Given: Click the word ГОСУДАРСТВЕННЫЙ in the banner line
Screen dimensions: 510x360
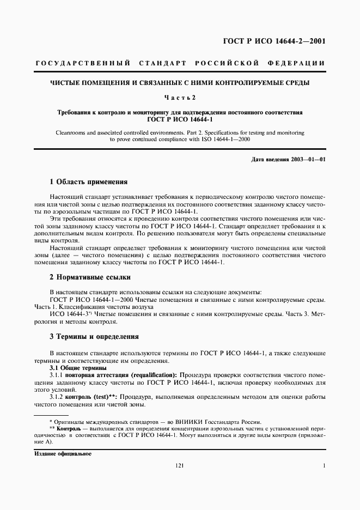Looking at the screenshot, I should pyautogui.click(x=82, y=64).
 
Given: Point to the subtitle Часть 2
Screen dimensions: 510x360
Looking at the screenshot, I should pyautogui.click(x=180, y=98).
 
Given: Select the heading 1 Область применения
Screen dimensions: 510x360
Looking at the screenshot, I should pyautogui.click(x=88, y=182).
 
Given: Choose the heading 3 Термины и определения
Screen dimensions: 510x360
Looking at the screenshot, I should pyautogui.click(x=94, y=337).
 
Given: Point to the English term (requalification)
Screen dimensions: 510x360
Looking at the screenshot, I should pyautogui.click(x=148, y=376).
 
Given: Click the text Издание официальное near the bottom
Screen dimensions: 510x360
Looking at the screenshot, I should pyautogui.click(x=63, y=454).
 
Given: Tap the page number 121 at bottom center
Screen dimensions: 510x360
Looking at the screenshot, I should pyautogui.click(x=180, y=466).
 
